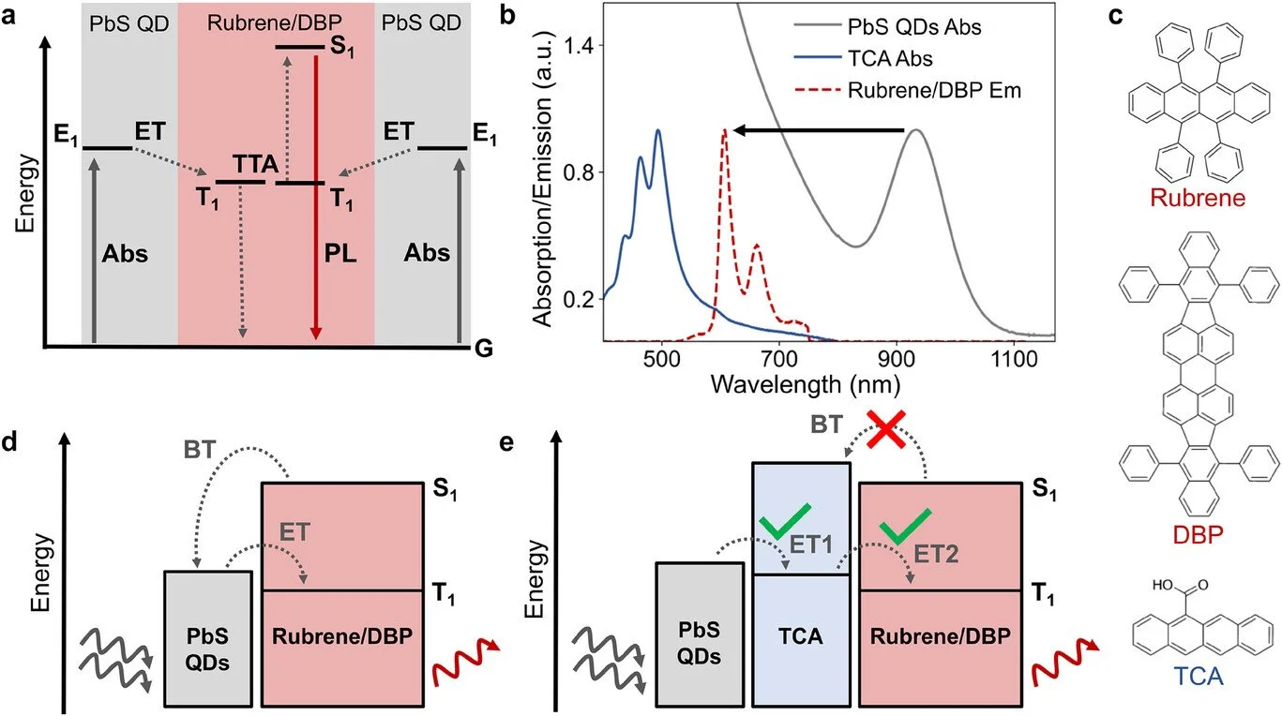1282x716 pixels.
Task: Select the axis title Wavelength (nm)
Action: (x=806, y=384)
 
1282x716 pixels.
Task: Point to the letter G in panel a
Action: (x=485, y=349)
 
